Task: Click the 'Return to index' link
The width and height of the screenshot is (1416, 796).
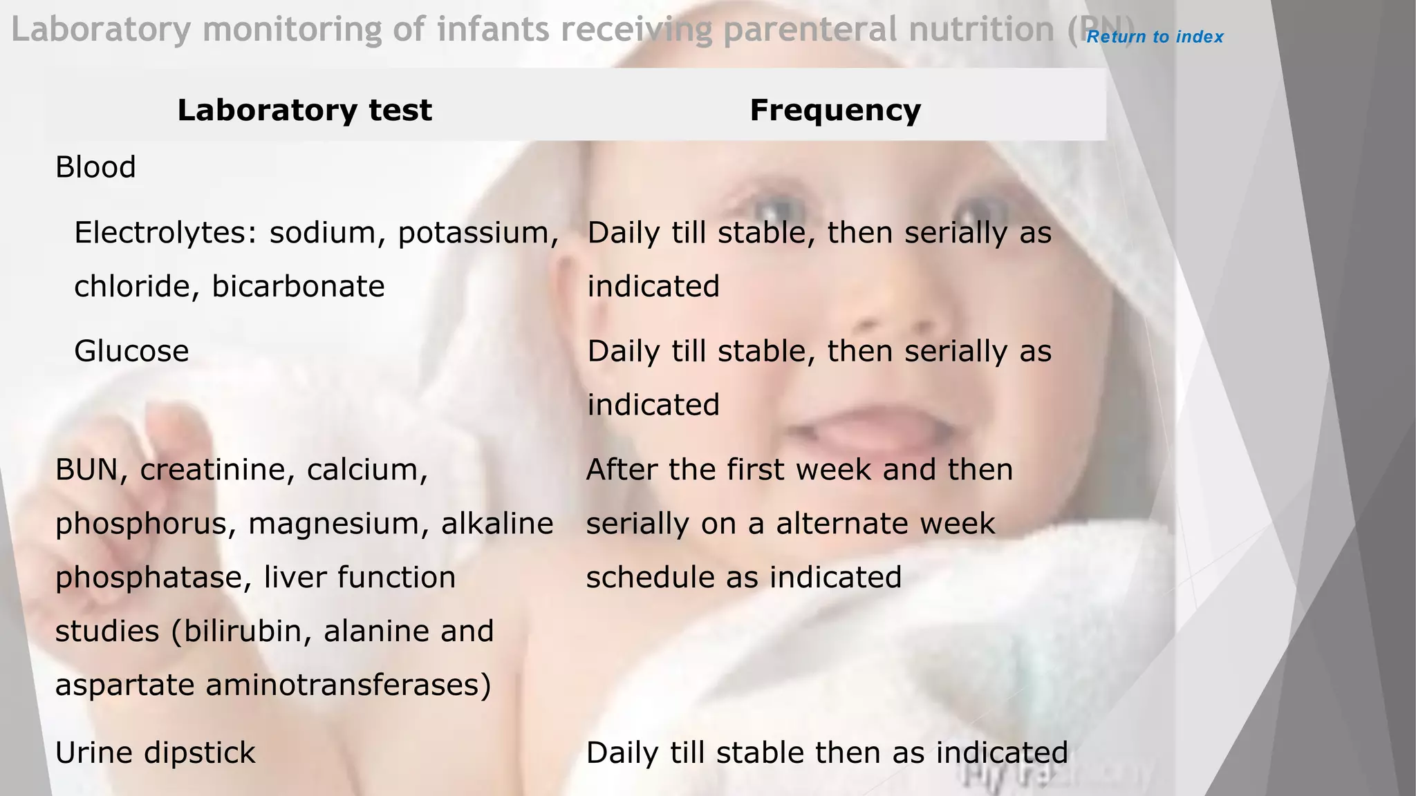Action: click(1155, 37)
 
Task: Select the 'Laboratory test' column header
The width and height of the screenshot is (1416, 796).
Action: click(304, 110)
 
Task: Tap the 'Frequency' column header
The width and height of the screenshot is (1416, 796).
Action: click(835, 110)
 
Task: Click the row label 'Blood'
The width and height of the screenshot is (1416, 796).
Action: click(95, 167)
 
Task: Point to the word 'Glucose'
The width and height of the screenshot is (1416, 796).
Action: click(131, 351)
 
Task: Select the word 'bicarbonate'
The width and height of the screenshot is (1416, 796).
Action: click(298, 286)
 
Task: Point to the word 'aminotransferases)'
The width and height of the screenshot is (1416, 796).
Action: click(348, 685)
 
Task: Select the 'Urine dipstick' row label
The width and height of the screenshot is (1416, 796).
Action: click(155, 752)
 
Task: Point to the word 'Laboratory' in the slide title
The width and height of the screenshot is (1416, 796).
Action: click(101, 30)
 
